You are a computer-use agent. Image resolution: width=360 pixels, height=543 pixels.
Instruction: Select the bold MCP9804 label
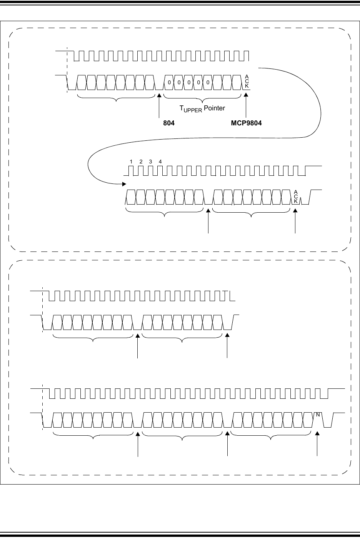click(x=246, y=123)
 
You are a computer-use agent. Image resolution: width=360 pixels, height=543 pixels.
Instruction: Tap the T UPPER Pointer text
click(x=202, y=108)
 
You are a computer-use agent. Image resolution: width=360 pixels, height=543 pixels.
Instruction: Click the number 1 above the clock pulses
click(x=131, y=162)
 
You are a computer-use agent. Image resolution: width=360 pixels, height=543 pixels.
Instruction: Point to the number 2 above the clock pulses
click(x=141, y=162)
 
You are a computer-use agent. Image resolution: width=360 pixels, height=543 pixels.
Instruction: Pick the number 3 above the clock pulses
click(x=151, y=162)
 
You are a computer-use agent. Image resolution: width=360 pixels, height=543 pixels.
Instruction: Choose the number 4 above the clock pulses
click(x=160, y=162)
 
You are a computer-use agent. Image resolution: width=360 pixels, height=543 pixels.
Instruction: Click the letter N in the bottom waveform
click(x=318, y=415)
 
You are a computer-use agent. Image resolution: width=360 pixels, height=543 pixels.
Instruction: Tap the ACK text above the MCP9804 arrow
click(x=247, y=82)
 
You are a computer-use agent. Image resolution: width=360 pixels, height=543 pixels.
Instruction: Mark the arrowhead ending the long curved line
click(x=124, y=185)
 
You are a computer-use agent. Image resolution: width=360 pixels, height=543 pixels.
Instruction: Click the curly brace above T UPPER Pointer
click(x=202, y=98)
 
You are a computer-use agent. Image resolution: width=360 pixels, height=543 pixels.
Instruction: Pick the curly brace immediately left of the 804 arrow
click(x=117, y=98)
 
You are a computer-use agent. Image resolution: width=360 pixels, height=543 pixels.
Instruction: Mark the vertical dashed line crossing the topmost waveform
click(x=67, y=69)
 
